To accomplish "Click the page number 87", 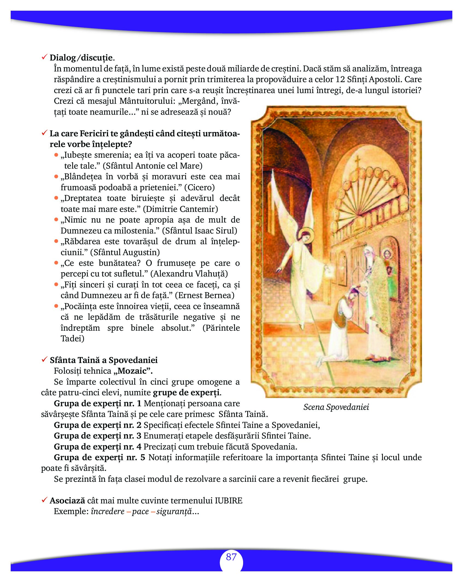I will tap(231, 557).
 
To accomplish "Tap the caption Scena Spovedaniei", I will tap(336, 407).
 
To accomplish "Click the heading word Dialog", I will tap(63, 58).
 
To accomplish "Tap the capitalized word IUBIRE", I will tap(229, 501).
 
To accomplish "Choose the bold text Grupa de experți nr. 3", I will tap(97, 436).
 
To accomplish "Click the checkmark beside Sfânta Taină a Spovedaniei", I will tap(44, 360).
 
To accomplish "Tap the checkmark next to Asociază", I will tap(44, 500).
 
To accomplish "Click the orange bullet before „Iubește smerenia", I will tap(56, 155).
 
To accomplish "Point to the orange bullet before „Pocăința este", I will tap(56, 306).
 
